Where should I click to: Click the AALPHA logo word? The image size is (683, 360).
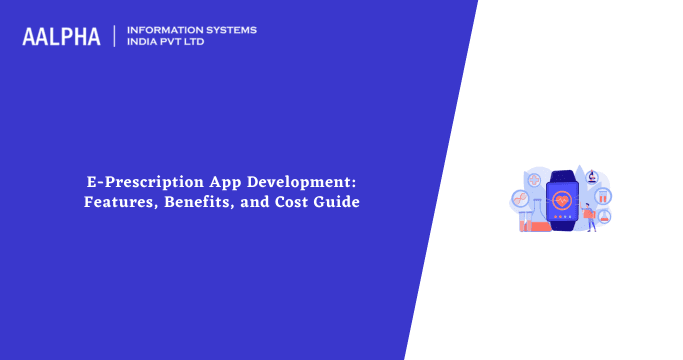61,36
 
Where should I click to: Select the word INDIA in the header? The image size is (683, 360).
146,44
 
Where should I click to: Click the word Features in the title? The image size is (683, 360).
122,203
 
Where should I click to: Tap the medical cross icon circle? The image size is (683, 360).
535,178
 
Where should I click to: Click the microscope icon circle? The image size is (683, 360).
592,176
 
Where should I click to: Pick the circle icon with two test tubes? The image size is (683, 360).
604,195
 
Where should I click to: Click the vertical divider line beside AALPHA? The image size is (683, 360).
115,36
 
